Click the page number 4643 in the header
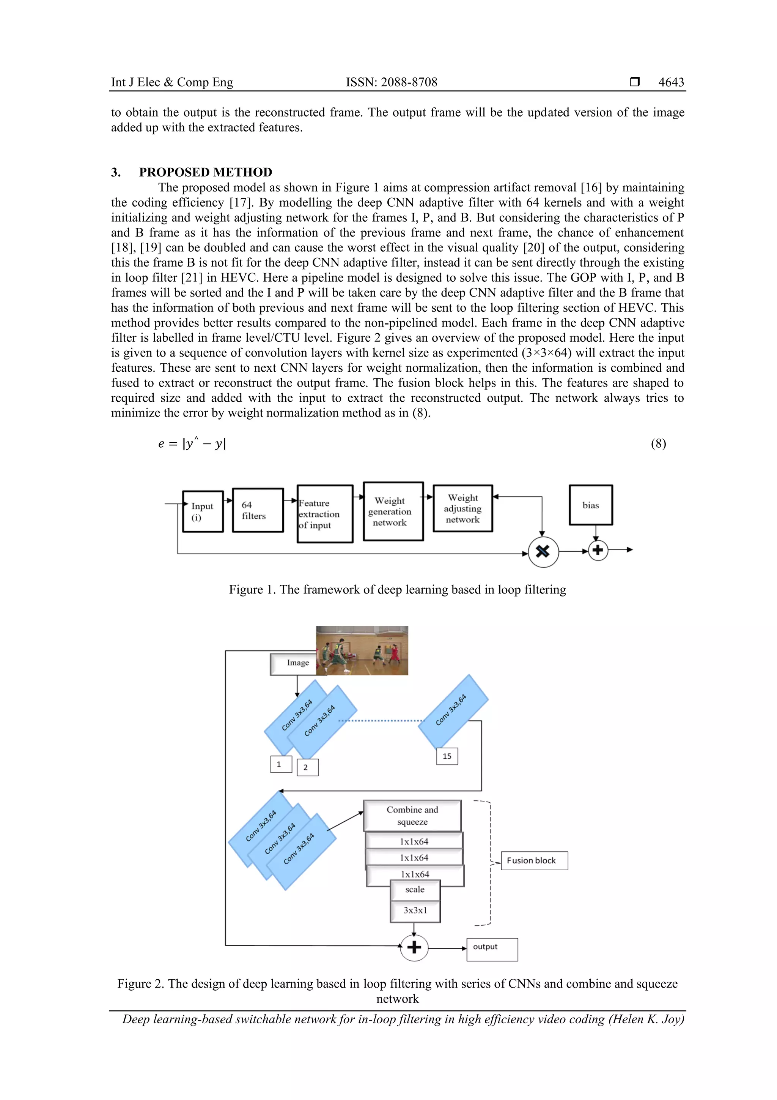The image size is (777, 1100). pos(671,82)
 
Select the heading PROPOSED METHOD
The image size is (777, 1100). pos(205,172)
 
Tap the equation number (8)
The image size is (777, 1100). pos(658,443)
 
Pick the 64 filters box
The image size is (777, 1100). pos(258,510)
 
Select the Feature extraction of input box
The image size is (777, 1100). pos(325,514)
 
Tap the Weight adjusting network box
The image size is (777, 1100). pos(462,509)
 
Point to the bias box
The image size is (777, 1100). pos(590,505)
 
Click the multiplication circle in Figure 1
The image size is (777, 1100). pos(543,552)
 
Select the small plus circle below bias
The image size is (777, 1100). pos(598,550)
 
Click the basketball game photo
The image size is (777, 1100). pos(362,650)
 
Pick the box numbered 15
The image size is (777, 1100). pos(447,756)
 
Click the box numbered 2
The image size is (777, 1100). pos(307,767)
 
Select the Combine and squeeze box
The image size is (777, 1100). pos(412,816)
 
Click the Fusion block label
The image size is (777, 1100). pos(534,860)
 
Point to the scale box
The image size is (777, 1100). pos(415,890)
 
